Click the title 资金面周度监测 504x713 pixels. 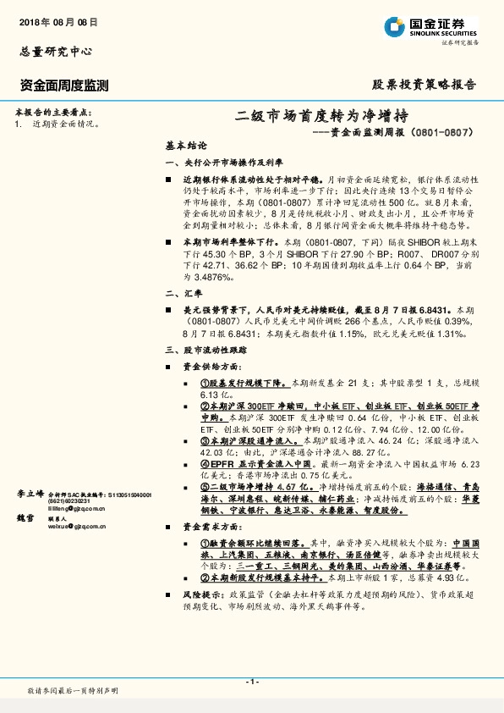[x=63, y=85]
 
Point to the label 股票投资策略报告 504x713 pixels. [x=425, y=85]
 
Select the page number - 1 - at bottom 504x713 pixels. [x=251, y=682]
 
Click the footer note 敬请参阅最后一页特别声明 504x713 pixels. [x=72, y=692]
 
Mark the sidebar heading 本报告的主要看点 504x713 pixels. [x=55, y=113]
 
